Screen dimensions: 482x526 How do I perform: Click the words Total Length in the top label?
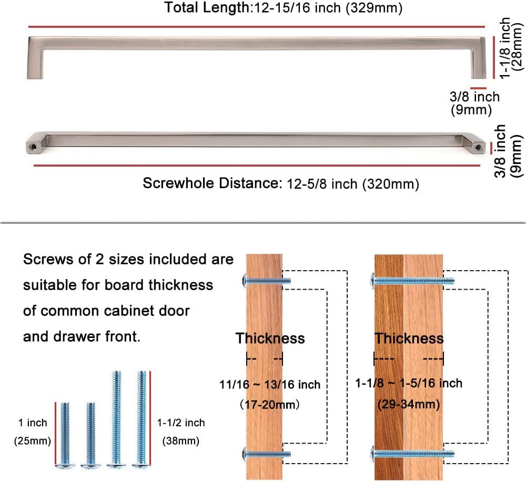pyautogui.click(x=199, y=8)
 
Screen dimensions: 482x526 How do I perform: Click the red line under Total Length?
pyautogui.click(x=257, y=26)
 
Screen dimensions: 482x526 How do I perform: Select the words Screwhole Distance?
pyautogui.click(x=210, y=183)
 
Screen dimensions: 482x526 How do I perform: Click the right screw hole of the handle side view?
pyautogui.click(x=479, y=147)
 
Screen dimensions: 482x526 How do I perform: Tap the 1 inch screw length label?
pyautogui.click(x=33, y=423)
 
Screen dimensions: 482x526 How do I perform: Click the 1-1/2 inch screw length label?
pyautogui.click(x=180, y=423)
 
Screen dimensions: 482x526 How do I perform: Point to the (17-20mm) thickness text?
pyautogui.click(x=270, y=405)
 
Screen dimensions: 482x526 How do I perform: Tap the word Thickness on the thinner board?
pyautogui.click(x=270, y=338)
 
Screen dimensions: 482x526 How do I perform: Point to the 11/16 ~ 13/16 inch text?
pyautogui.click(x=270, y=385)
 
